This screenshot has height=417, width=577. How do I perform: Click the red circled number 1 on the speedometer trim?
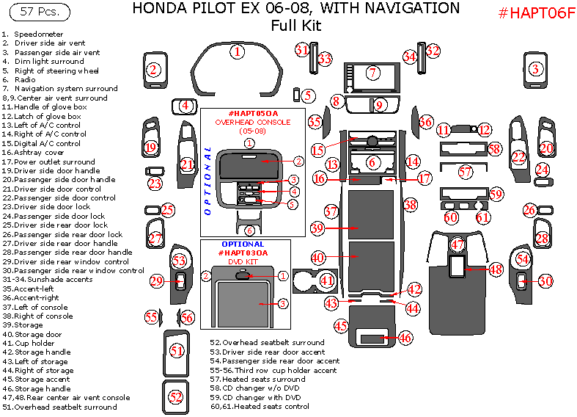click(238, 51)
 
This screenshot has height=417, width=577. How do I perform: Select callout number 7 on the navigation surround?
click(372, 73)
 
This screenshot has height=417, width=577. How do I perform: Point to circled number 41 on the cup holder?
click(327, 280)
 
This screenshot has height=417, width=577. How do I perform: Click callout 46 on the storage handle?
click(405, 338)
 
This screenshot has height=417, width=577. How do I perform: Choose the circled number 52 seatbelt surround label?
click(176, 396)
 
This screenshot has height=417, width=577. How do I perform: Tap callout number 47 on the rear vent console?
click(457, 244)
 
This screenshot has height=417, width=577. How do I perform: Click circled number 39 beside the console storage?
click(317, 228)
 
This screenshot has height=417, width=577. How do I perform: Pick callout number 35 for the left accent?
click(315, 122)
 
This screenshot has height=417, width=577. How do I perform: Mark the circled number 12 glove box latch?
click(485, 130)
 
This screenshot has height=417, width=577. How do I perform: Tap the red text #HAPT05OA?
click(253, 114)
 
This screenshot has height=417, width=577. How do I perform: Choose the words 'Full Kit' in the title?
click(295, 26)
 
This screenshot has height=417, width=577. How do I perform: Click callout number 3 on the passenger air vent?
click(536, 69)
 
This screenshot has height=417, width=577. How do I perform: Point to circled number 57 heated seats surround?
click(466, 172)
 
